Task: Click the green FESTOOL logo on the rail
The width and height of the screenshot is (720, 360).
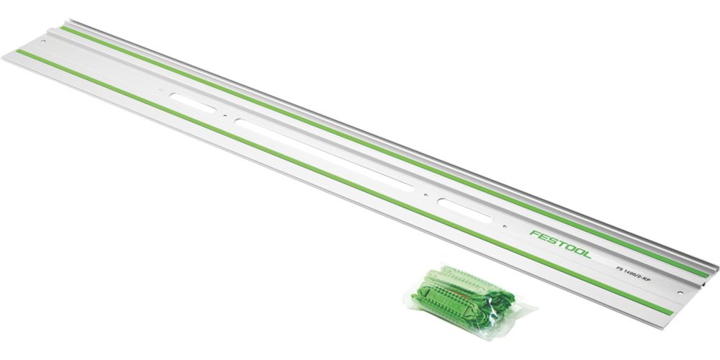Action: (559, 244)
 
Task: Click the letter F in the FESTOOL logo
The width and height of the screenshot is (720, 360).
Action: (533, 233)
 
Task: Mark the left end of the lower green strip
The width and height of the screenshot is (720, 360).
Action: (19, 53)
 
